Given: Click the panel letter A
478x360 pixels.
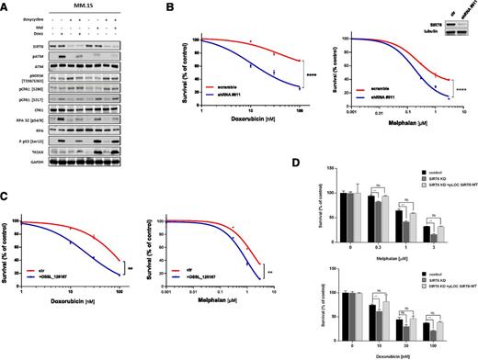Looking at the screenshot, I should tap(6, 6).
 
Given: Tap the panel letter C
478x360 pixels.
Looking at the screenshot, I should tap(6, 199).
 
